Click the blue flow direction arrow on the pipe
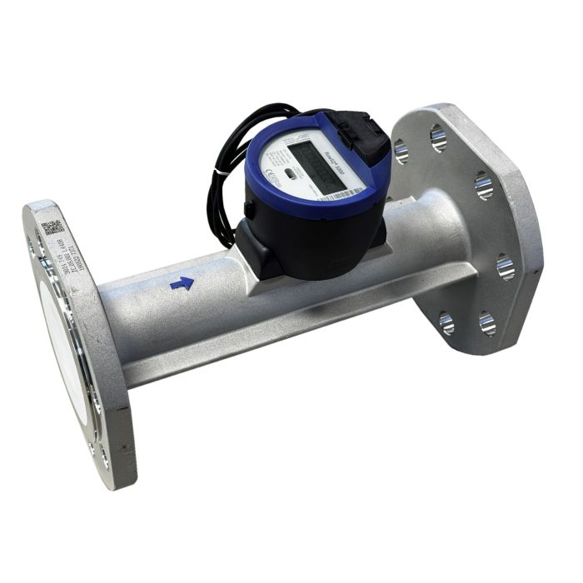[x=182, y=284]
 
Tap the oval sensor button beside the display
[x=290, y=173]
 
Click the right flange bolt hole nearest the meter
[x=401, y=152]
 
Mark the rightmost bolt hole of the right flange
[x=506, y=266]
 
